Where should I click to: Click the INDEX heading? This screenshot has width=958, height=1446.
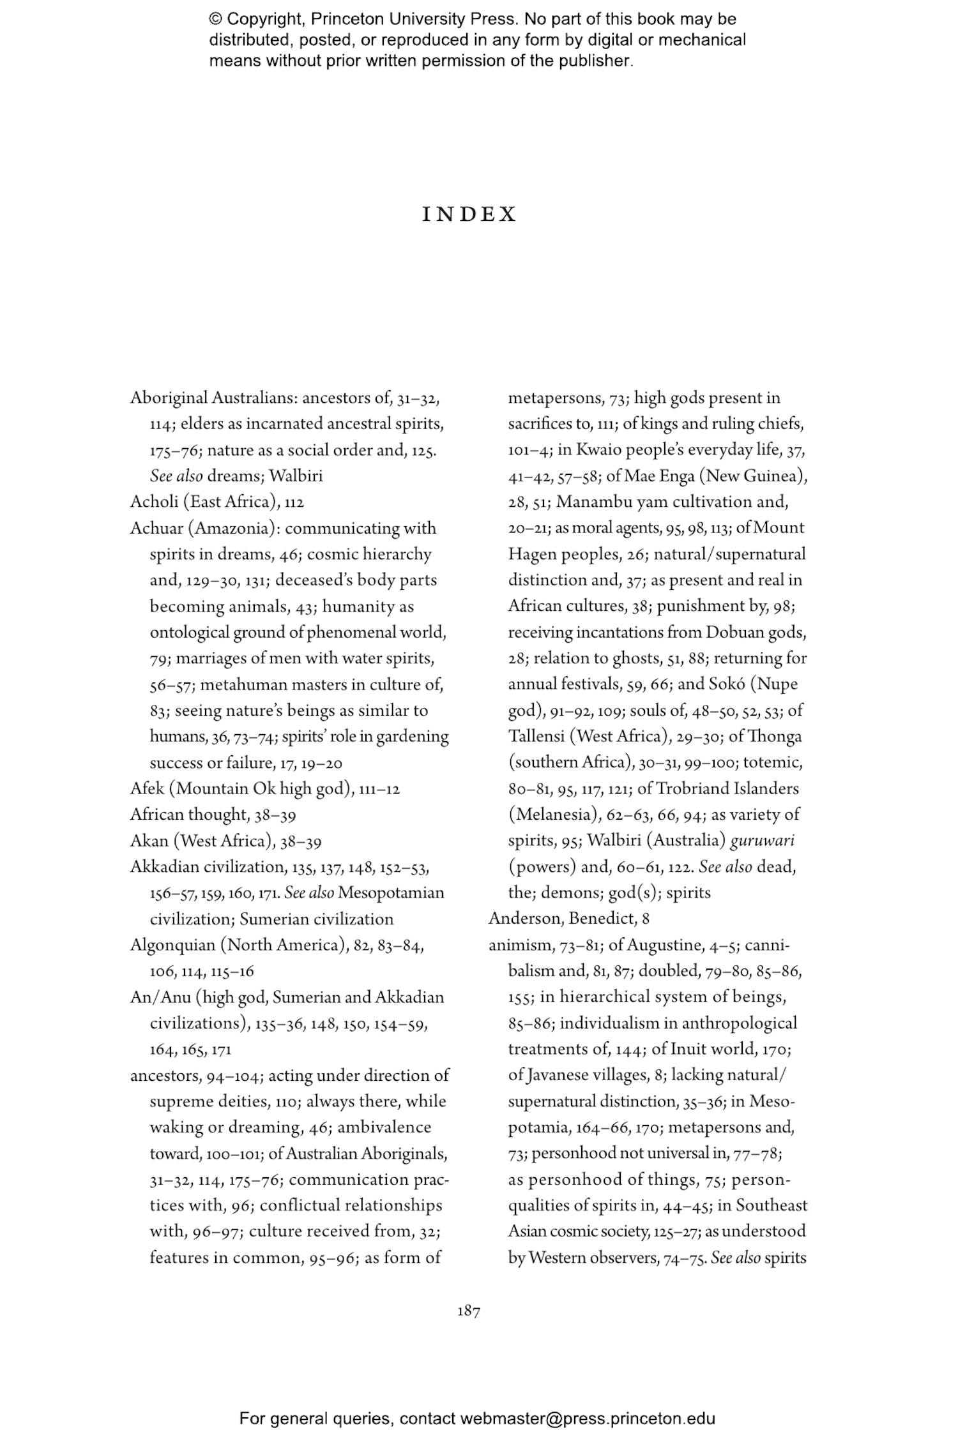tap(469, 215)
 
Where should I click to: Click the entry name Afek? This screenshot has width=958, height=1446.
tap(147, 788)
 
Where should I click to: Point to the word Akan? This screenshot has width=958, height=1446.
tap(148, 841)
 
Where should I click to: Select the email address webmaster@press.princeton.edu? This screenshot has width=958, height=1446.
tap(588, 1419)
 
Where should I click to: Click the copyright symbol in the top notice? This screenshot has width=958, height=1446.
tap(215, 19)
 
